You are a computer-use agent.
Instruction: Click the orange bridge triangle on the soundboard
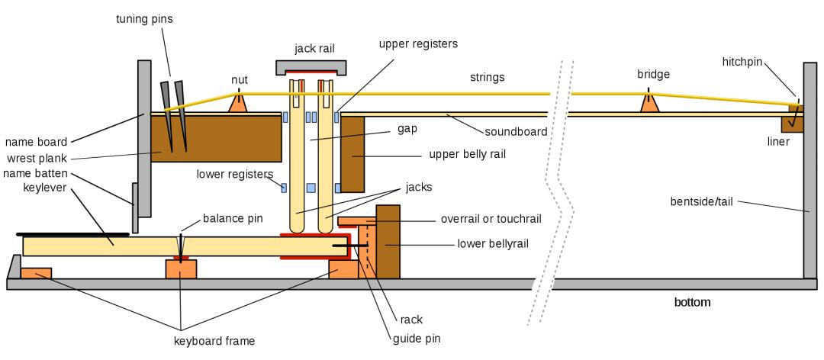pyautogui.click(x=649, y=104)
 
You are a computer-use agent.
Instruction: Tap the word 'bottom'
pyautogui.click(x=692, y=302)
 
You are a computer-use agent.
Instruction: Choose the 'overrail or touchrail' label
pyautogui.click(x=491, y=218)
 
